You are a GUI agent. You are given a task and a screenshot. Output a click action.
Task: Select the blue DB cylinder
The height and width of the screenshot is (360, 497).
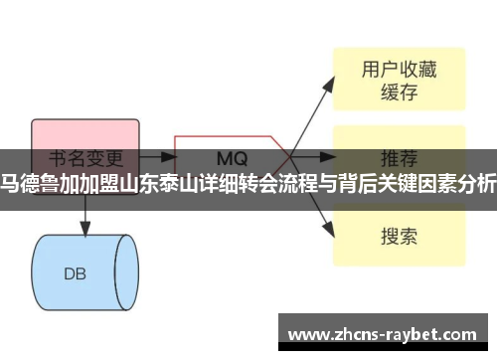point(83,245)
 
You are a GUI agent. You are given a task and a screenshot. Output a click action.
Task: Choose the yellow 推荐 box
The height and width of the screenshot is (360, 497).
point(398,156)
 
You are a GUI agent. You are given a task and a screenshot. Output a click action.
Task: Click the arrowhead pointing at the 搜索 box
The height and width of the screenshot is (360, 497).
point(328,231)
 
